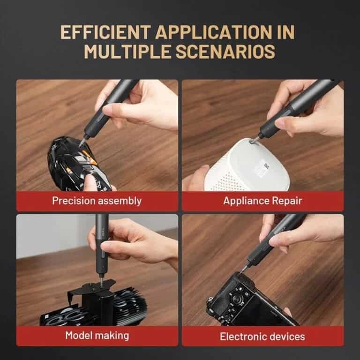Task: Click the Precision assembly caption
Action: [x=97, y=201]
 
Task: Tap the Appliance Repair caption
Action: [x=262, y=201]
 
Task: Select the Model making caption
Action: [x=97, y=335]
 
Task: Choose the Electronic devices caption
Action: [x=262, y=336]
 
